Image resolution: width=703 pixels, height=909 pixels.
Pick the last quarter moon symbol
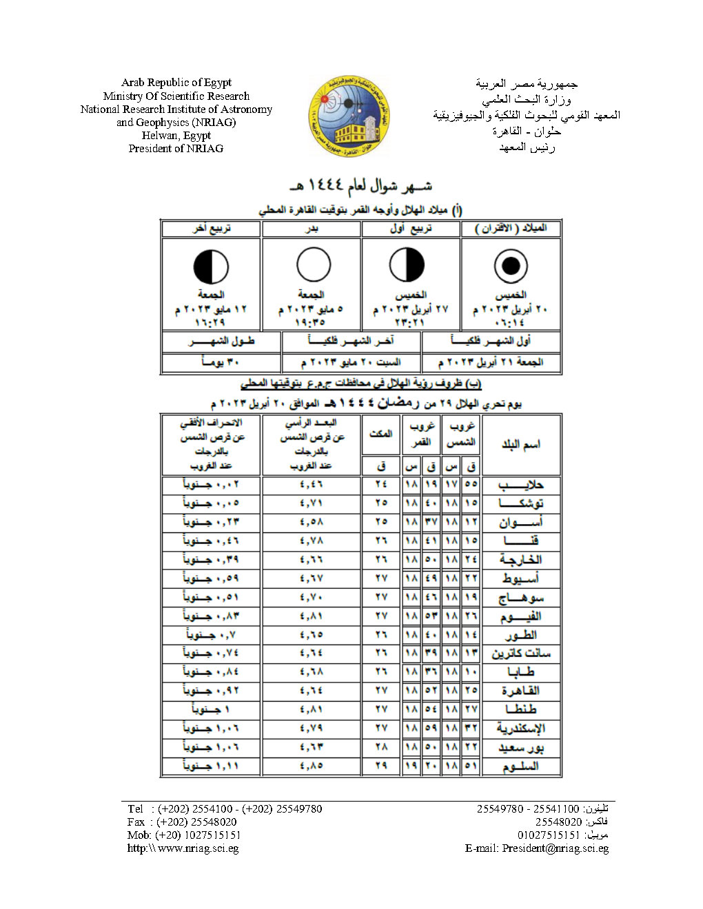click(211, 267)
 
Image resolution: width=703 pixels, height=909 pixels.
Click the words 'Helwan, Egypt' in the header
click(176, 135)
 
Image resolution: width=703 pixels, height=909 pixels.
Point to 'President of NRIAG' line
click(176, 148)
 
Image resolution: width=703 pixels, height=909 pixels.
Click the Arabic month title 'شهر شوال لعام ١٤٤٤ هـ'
click(361, 186)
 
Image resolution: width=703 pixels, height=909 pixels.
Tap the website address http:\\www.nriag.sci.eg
click(183, 848)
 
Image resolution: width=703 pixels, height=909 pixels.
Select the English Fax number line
click(182, 822)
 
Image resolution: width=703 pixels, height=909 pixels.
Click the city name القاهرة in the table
click(521, 691)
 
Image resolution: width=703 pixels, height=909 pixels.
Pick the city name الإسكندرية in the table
click(521, 728)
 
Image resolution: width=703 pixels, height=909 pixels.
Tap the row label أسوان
click(521, 522)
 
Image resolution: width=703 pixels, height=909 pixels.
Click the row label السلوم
click(521, 766)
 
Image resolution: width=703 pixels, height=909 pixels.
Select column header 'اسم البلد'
click(521, 445)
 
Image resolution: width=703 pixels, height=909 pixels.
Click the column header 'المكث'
click(381, 434)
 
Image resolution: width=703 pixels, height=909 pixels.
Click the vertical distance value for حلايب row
click(312, 485)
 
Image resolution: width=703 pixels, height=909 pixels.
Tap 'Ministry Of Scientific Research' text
click(176, 96)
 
